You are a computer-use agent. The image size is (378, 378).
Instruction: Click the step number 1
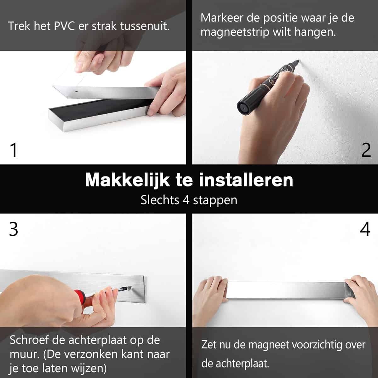coord(13,150)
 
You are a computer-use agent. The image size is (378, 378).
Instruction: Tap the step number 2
coord(366,150)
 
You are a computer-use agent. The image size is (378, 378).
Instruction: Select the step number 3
coord(14,229)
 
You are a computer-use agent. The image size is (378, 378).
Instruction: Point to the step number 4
coord(365,229)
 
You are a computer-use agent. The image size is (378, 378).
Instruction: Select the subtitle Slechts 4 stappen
coord(189,200)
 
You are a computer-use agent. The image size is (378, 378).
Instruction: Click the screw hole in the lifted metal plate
coord(76,91)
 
